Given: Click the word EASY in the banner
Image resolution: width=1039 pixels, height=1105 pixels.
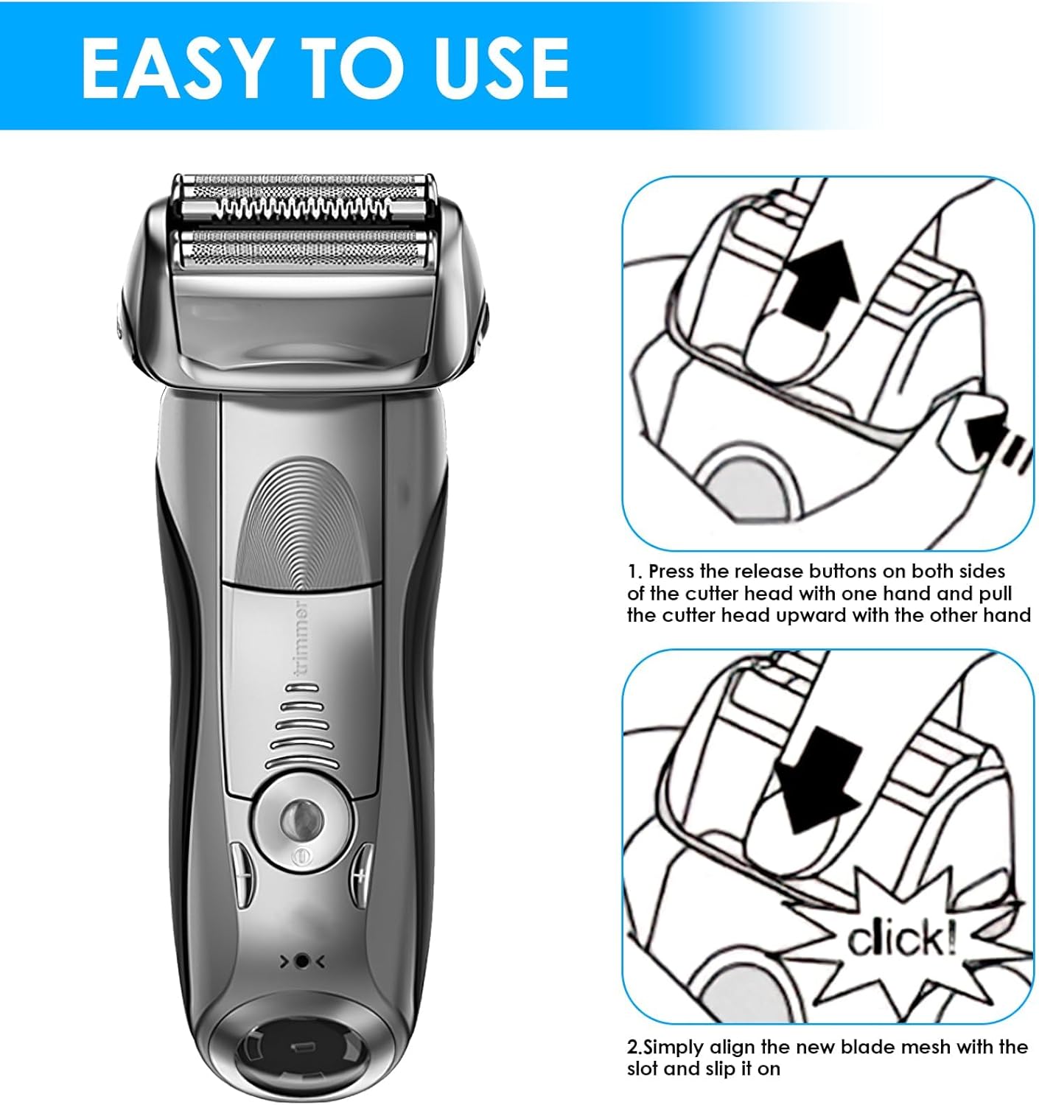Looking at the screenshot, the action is (174, 69).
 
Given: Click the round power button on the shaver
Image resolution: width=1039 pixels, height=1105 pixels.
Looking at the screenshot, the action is (302, 820).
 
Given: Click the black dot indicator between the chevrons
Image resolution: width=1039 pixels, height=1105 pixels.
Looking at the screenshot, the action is (301, 961).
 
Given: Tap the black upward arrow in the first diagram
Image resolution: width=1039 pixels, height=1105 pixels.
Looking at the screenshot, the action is (819, 285).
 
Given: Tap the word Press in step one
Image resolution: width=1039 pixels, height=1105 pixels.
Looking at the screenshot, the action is (672, 572).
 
